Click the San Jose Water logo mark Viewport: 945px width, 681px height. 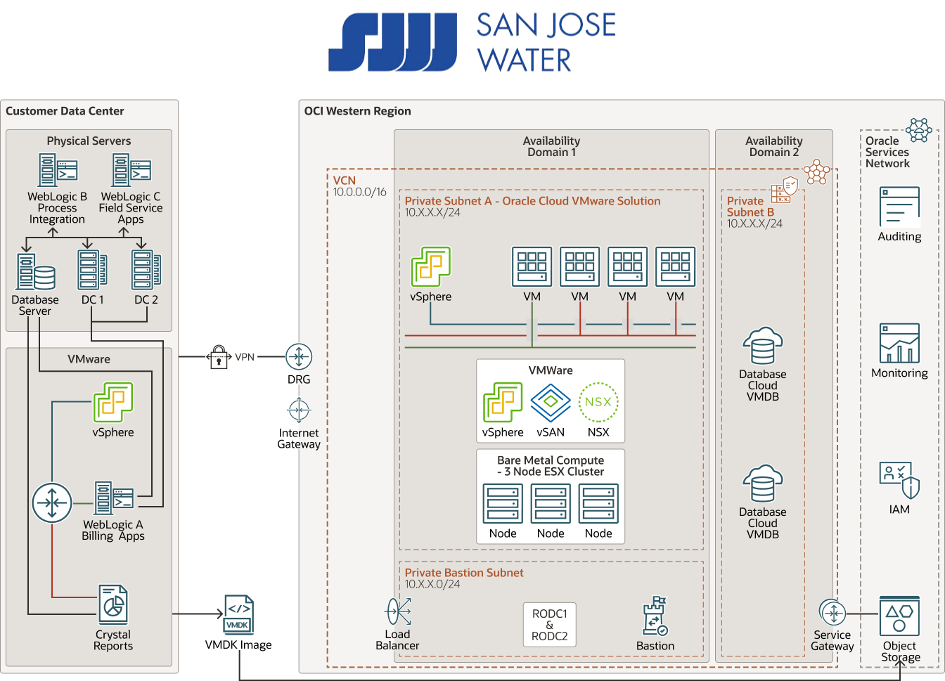coord(392,42)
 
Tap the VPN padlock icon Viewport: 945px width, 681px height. coord(219,356)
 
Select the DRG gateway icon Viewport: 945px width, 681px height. coord(299,357)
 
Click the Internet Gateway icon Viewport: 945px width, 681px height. coord(299,410)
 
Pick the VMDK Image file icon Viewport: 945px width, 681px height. coord(238,615)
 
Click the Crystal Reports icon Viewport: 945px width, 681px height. coord(112,604)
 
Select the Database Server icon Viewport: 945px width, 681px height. coord(35,272)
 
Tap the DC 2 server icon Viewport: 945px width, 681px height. coord(146,271)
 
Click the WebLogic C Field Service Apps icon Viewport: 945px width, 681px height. coord(131,170)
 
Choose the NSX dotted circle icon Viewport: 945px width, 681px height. coord(598,402)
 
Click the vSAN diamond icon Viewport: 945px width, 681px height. coord(551,402)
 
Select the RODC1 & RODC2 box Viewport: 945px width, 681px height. coord(549,625)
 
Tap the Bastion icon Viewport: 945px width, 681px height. coord(655,616)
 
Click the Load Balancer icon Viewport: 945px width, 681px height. coord(398,611)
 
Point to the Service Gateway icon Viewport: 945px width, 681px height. coord(832,613)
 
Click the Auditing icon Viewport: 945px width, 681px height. coord(899,207)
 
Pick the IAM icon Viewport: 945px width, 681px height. coord(899,480)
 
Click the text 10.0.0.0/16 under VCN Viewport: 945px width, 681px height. coord(359,192)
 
